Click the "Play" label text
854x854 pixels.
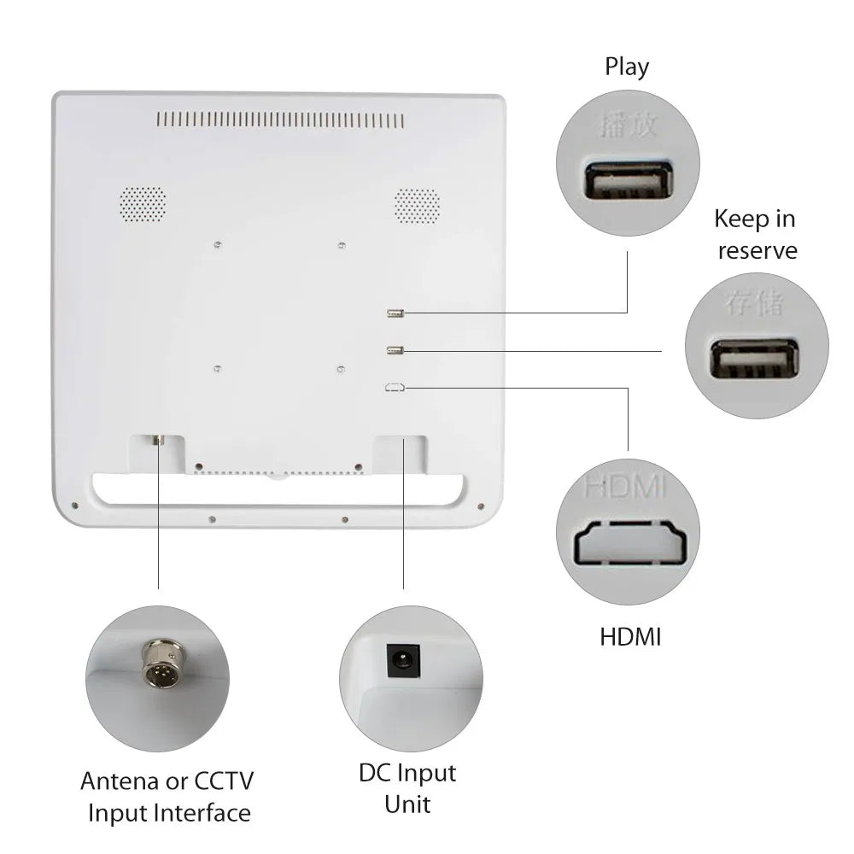pos(627,67)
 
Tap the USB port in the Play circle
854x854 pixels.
pos(628,181)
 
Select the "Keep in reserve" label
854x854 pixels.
pos(756,234)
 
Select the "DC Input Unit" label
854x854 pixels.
pos(407,788)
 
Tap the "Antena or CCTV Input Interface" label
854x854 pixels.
pos(168,796)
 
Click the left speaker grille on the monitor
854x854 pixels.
pos(141,202)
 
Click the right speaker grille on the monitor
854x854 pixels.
pos(417,202)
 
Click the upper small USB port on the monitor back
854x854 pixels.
pos(395,313)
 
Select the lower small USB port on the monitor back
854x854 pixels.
pos(395,349)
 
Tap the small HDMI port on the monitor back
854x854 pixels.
pos(395,388)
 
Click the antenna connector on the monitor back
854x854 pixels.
pos(158,441)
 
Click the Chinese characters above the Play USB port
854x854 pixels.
pos(627,126)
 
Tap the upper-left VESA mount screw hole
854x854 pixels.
pos(219,244)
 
